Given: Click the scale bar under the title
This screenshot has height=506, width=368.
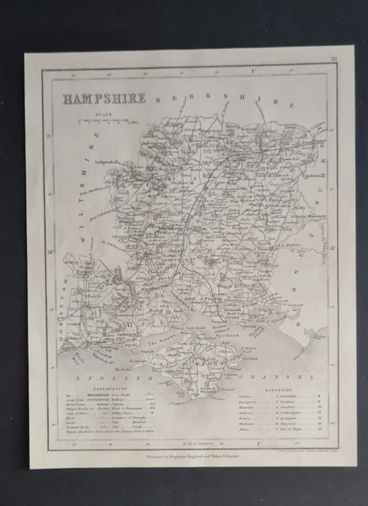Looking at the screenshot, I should click(x=107, y=123).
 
